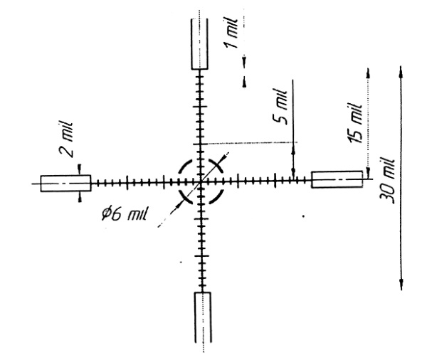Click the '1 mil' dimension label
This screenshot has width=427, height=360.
click(x=230, y=33)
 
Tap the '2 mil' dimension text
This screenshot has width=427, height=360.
click(x=65, y=139)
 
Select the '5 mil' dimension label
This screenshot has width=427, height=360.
click(x=280, y=107)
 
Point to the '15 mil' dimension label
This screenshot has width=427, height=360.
click(x=355, y=122)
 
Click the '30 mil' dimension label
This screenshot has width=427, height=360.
click(x=387, y=180)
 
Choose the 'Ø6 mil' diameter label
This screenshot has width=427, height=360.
click(x=124, y=213)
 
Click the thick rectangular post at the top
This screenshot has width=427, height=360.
click(x=200, y=44)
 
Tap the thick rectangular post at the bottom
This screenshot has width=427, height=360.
click(x=203, y=317)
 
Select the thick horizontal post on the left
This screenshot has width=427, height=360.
click(x=65, y=184)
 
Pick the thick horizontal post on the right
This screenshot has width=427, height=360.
click(x=337, y=179)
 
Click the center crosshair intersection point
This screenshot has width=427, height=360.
click(x=201, y=181)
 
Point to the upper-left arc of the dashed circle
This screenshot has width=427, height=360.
click(x=186, y=166)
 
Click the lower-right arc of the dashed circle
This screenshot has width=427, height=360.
click(x=216, y=196)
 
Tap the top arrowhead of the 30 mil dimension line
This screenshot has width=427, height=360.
click(x=400, y=71)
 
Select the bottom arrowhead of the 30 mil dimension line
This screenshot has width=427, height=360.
click(x=401, y=285)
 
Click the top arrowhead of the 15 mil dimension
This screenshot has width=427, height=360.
click(x=368, y=73)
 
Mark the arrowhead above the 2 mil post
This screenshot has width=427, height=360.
click(x=79, y=169)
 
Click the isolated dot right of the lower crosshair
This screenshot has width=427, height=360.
click(x=303, y=216)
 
